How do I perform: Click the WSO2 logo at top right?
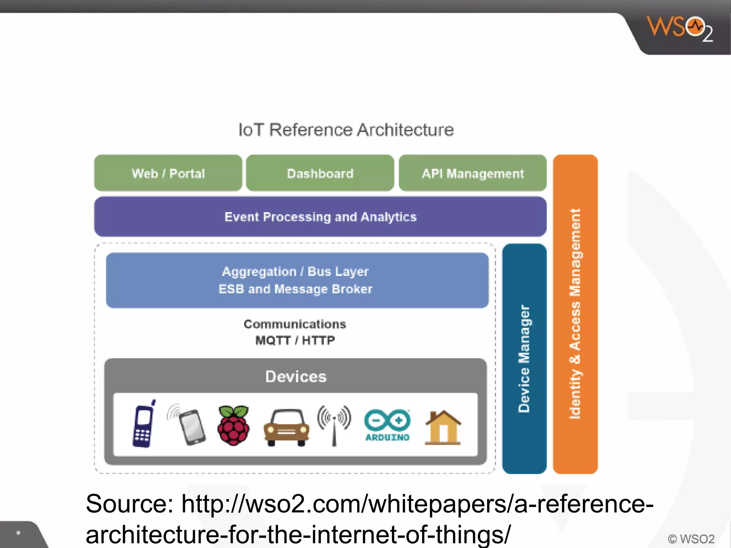pyautogui.click(x=680, y=29)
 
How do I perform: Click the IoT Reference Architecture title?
pyautogui.click(x=346, y=130)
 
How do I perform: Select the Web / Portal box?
pyautogui.click(x=168, y=173)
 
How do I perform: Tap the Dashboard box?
pyautogui.click(x=320, y=173)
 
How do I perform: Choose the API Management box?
pyautogui.click(x=473, y=173)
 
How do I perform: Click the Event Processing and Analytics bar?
pyautogui.click(x=320, y=217)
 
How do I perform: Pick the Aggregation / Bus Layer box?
pyautogui.click(x=297, y=280)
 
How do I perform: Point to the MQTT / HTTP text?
pyautogui.click(x=295, y=340)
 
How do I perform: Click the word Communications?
pyautogui.click(x=295, y=324)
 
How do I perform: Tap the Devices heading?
pyautogui.click(x=296, y=377)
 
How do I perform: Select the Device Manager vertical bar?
pyautogui.click(x=524, y=359)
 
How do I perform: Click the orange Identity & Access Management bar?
pyautogui.click(x=575, y=314)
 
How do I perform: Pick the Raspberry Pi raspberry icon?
pyautogui.click(x=233, y=425)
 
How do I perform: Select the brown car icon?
pyautogui.click(x=286, y=427)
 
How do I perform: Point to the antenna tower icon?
pyautogui.click(x=334, y=425)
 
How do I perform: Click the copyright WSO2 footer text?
pyautogui.click(x=691, y=539)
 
